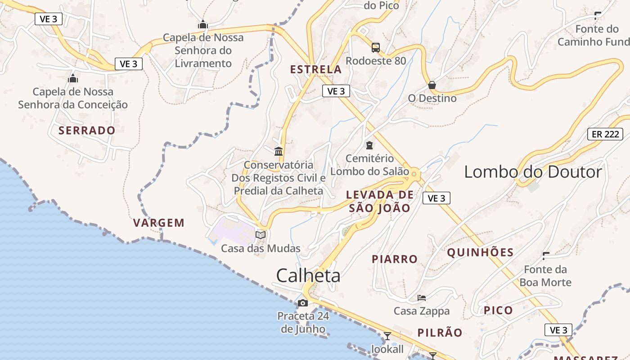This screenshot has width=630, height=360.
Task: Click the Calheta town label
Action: click(x=308, y=275)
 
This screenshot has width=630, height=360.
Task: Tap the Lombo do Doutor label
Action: click(x=533, y=172)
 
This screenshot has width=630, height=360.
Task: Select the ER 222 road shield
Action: click(x=605, y=134)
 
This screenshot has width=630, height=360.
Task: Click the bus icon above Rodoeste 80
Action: click(x=375, y=47)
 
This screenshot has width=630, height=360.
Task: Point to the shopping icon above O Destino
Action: click(x=432, y=85)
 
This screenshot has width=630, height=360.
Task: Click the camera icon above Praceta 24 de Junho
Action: click(x=303, y=303)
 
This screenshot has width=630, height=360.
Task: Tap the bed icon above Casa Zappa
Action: click(x=422, y=298)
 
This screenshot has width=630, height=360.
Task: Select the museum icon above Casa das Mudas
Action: click(x=261, y=234)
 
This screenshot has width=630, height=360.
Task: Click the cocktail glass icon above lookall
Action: click(x=387, y=336)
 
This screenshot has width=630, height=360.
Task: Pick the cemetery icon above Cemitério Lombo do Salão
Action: click(x=369, y=145)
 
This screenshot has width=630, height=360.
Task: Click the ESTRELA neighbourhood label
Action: click(x=316, y=70)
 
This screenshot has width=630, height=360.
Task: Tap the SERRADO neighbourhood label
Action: click(x=87, y=130)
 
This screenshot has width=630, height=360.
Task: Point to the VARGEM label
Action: click(x=159, y=223)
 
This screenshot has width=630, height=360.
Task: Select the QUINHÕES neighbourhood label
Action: click(x=480, y=252)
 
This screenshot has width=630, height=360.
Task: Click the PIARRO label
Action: click(x=395, y=259)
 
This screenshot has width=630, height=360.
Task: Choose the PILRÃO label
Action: click(x=440, y=333)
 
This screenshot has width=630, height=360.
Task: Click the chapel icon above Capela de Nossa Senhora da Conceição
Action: click(x=73, y=79)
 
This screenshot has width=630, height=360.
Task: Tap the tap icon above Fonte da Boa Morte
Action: click(x=546, y=256)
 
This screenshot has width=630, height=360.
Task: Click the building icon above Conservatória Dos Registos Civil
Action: click(x=279, y=151)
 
